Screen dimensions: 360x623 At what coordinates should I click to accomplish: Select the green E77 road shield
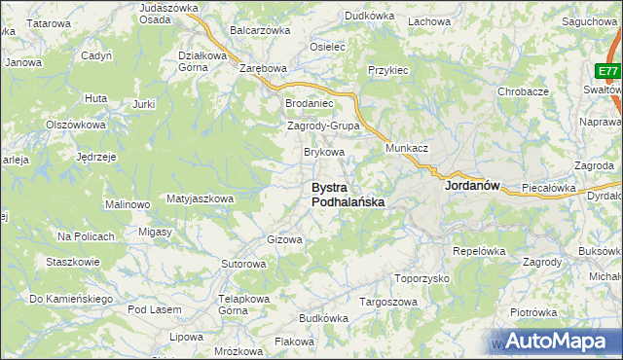[608, 72]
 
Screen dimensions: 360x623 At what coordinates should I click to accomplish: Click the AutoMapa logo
[555, 341]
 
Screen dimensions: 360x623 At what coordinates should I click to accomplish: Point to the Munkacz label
[407, 147]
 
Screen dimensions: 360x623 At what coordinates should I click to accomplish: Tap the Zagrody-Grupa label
[324, 126]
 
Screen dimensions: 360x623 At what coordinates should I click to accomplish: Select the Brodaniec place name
[309, 103]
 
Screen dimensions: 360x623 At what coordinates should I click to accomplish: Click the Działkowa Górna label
[203, 61]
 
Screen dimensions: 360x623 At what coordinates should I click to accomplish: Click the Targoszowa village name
[388, 302]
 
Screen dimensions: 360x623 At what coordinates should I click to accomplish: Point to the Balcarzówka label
[260, 30]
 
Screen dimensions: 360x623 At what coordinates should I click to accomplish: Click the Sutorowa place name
[243, 264]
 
